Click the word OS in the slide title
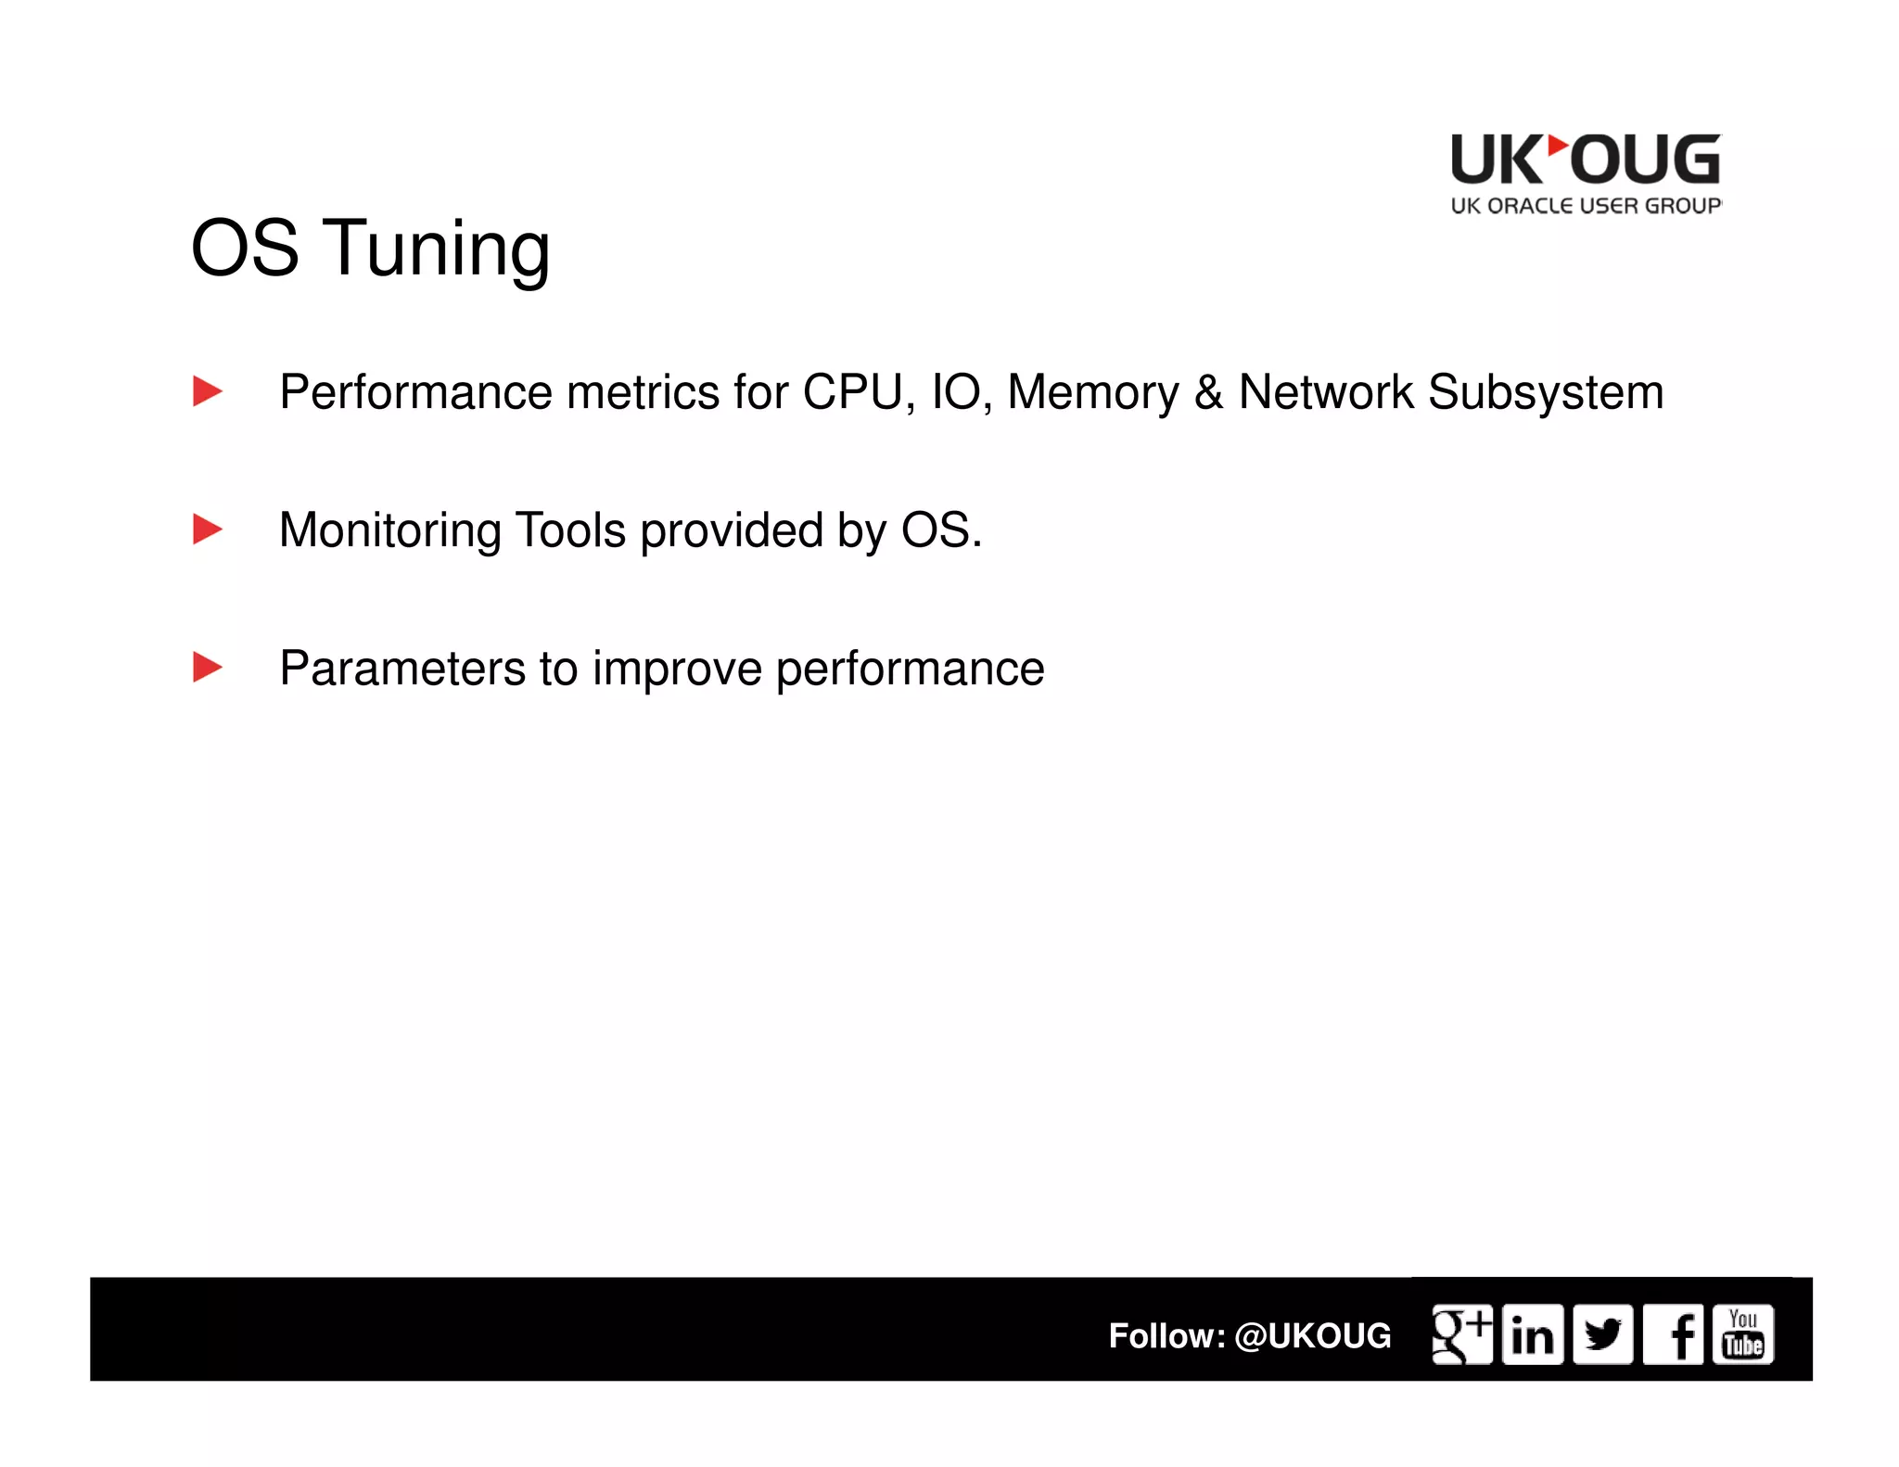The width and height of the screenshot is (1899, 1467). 245,249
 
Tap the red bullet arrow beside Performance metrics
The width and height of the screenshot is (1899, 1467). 207,391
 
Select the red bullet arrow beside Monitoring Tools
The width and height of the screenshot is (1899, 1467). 207,529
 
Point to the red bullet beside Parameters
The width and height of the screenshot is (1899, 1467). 207,668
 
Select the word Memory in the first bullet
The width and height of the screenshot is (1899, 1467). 1092,392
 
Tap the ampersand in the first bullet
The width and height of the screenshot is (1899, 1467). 1208,392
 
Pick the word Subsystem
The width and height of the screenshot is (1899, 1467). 1546,392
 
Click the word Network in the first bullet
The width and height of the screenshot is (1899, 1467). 1326,392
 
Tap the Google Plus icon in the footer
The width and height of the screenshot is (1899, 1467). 1461,1334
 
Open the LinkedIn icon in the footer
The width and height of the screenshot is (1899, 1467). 1532,1334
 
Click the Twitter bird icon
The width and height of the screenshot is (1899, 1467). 1602,1334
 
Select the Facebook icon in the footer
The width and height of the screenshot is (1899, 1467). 1674,1334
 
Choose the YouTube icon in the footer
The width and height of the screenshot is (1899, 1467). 1743,1334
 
